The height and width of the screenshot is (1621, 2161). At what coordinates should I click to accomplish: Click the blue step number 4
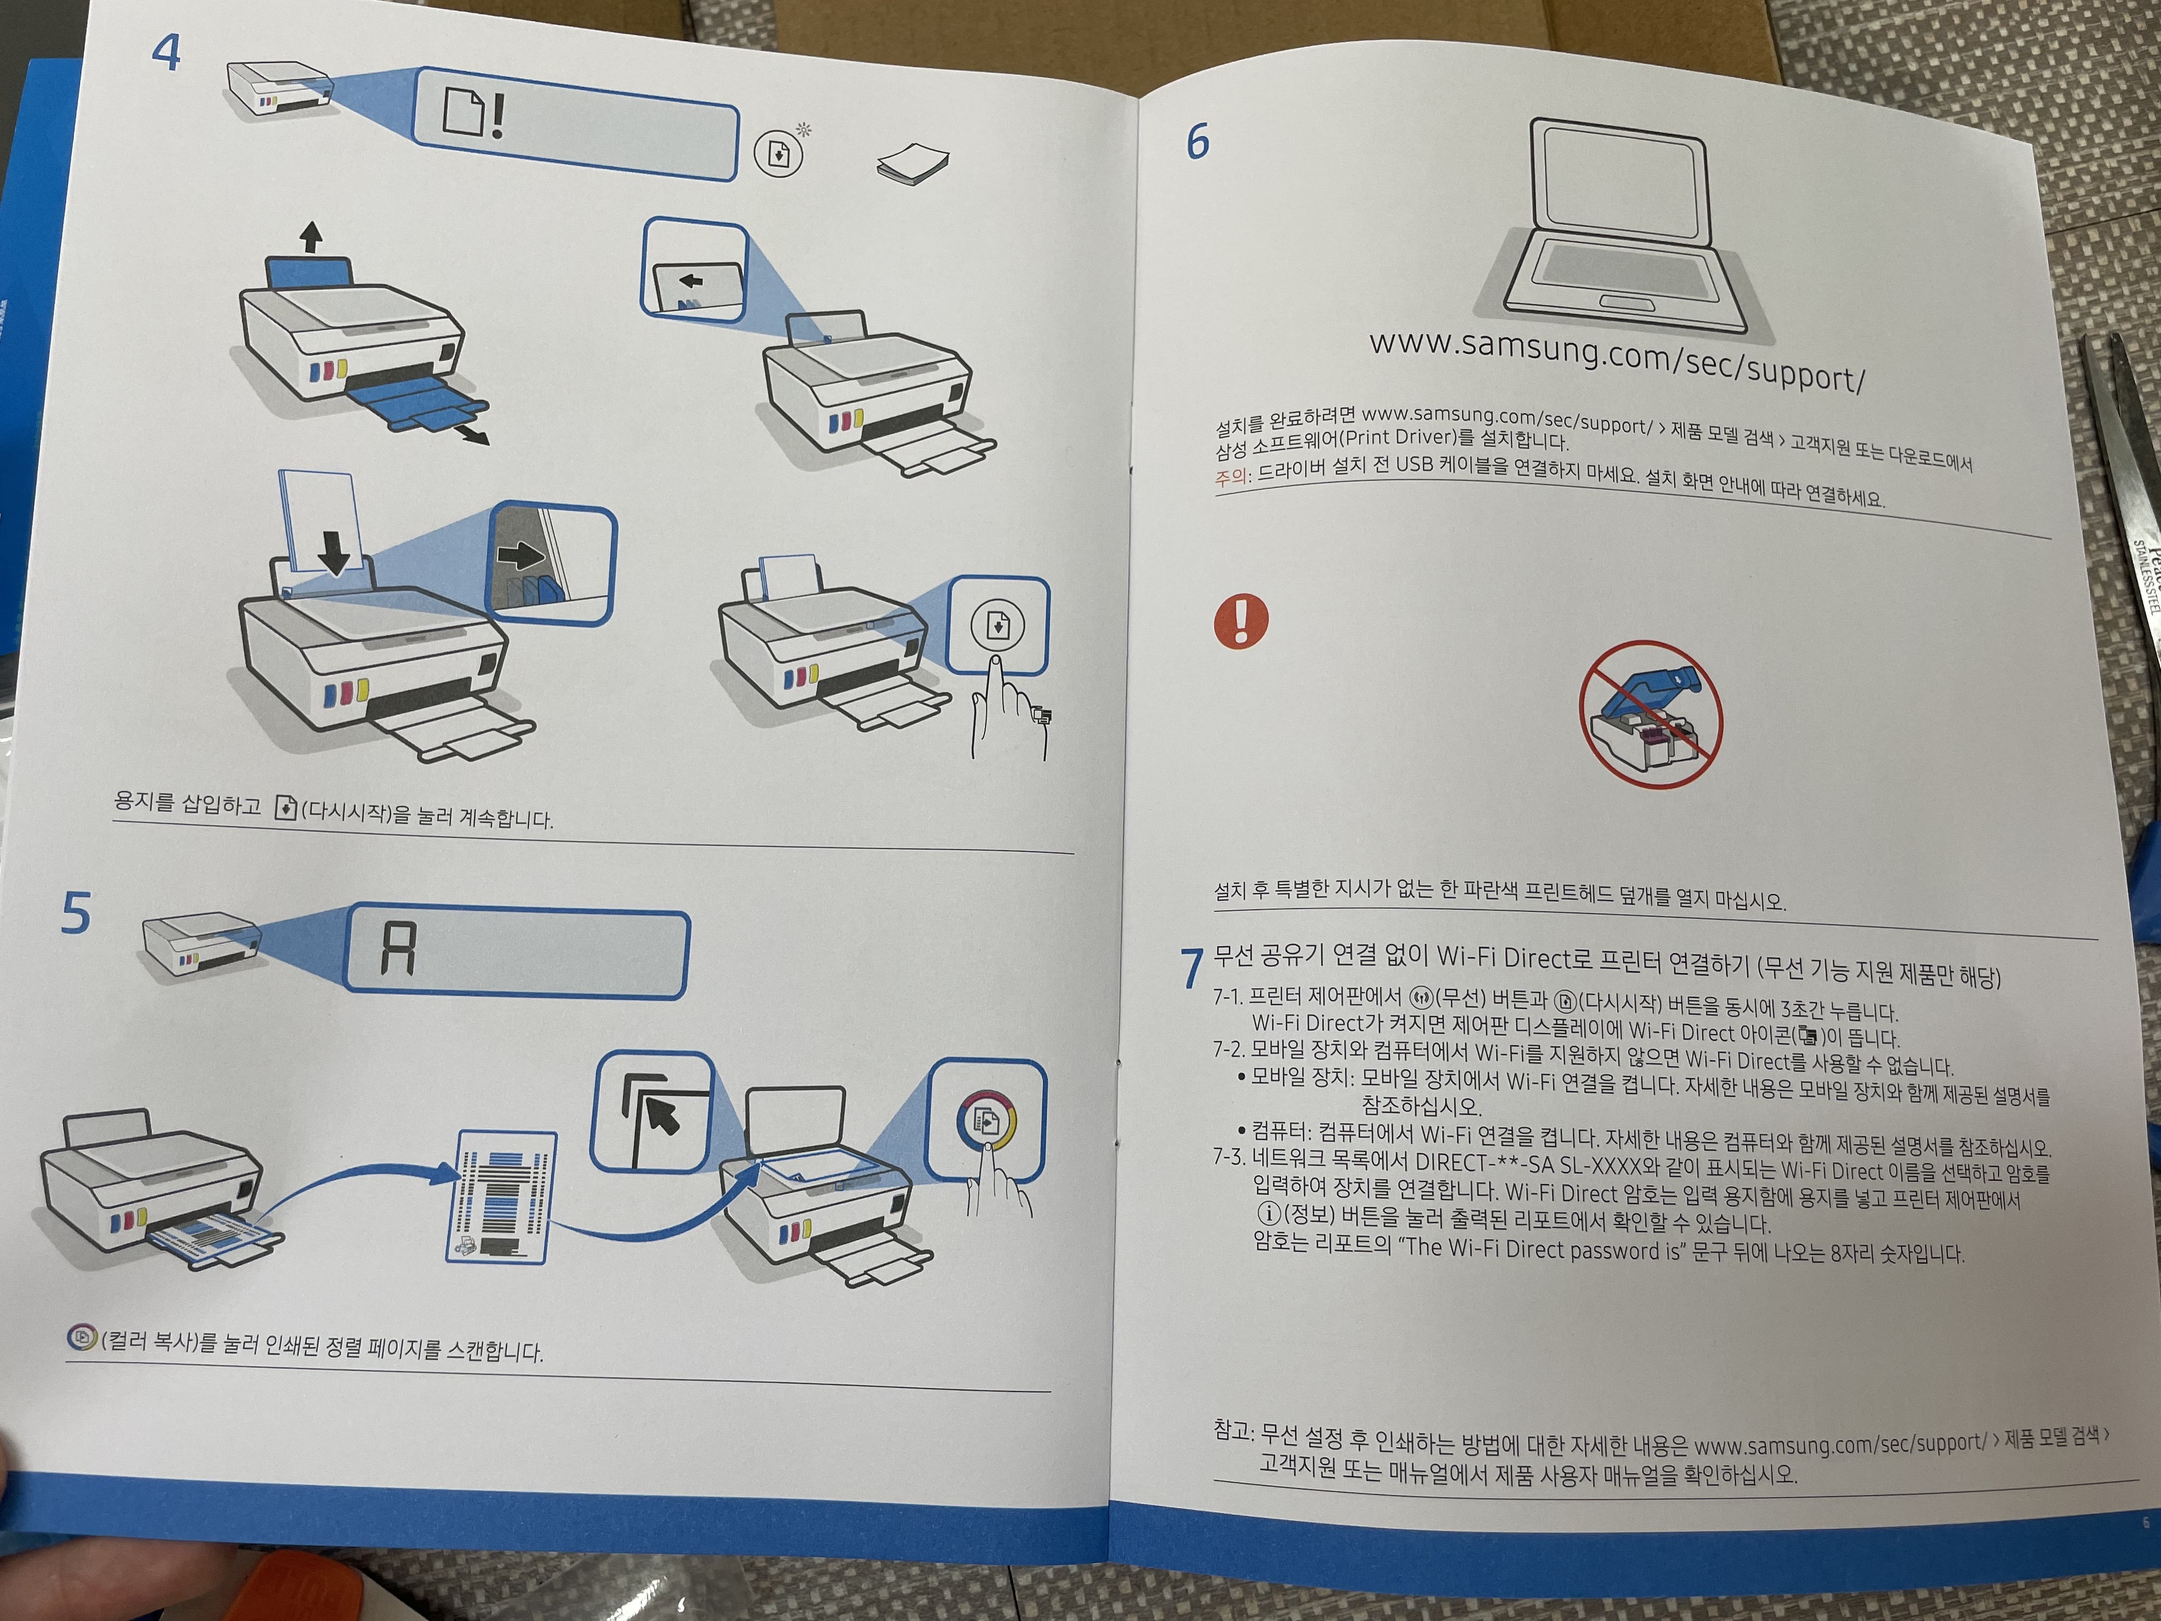[166, 52]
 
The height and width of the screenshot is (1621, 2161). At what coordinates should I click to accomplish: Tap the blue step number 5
[76, 912]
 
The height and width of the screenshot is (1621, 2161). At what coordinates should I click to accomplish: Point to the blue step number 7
[1192, 968]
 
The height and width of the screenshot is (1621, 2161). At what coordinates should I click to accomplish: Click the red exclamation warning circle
[1241, 620]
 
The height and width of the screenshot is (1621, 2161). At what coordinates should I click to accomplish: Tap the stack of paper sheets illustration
[912, 163]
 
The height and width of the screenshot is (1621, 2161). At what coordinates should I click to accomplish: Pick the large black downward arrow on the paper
[334, 551]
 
